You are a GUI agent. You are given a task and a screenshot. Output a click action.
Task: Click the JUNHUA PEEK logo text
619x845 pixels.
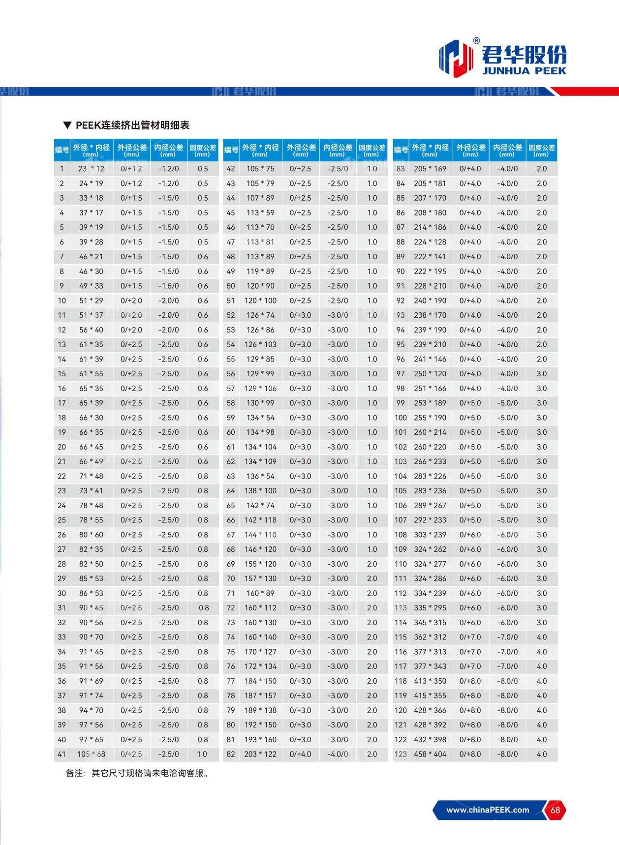click(x=524, y=71)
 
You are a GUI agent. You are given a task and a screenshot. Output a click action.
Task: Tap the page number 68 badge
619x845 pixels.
click(x=555, y=810)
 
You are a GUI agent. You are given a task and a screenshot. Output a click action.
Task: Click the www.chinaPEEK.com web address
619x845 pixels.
click(x=487, y=810)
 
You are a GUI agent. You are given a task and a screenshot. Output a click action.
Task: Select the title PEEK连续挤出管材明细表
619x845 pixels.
click(x=132, y=125)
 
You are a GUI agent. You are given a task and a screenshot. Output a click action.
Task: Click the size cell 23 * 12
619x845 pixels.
click(x=92, y=169)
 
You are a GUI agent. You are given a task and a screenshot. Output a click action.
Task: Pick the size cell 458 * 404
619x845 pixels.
click(x=430, y=754)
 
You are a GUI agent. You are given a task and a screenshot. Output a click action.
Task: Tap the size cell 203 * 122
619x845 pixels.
click(x=260, y=754)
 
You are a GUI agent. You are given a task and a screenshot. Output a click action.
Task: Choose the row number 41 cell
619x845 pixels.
click(x=62, y=754)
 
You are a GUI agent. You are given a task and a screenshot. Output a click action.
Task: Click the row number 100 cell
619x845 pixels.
click(x=401, y=418)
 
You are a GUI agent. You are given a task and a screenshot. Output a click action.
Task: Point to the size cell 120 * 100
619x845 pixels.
click(x=260, y=301)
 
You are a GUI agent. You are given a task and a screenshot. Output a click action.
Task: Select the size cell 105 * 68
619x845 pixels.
click(x=92, y=754)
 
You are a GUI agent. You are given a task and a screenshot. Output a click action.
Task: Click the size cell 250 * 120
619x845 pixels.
click(x=430, y=374)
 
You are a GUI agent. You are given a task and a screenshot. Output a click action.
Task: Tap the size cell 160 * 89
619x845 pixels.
click(x=260, y=593)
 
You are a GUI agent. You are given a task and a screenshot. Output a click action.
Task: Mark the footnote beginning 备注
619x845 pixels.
click(x=138, y=773)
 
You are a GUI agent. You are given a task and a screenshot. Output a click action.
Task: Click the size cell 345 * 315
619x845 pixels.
click(x=430, y=622)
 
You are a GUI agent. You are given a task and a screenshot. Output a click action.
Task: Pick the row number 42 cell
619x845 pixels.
click(x=231, y=169)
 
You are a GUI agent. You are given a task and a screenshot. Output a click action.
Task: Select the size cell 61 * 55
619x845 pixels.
click(x=92, y=374)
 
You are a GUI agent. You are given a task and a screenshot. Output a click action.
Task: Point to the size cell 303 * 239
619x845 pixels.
click(x=430, y=535)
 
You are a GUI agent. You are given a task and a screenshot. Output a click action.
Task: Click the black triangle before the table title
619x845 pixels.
click(x=67, y=125)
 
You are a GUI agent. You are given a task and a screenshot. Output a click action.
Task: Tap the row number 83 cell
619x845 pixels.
click(x=401, y=169)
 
